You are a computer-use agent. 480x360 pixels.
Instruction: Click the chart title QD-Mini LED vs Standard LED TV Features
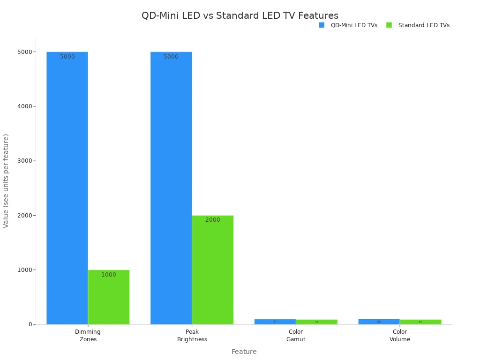tap(240, 15)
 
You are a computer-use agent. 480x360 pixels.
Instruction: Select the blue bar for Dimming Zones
tap(67, 187)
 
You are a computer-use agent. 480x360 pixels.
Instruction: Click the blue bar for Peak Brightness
tap(171, 187)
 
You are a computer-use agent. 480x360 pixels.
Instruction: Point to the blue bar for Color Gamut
tap(275, 322)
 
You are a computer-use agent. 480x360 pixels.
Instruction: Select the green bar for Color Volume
tap(420, 322)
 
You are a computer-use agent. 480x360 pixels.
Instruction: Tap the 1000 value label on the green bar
tap(109, 275)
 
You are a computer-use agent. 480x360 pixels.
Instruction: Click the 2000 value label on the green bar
tap(212, 220)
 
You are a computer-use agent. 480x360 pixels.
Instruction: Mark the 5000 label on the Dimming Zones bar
tap(67, 57)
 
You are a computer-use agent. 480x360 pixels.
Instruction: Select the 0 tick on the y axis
tap(30, 324)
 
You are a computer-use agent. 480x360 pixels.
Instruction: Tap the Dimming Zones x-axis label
tap(88, 336)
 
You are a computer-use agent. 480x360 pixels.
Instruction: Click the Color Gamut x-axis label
tap(296, 336)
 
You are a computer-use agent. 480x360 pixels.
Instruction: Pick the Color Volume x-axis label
tap(400, 336)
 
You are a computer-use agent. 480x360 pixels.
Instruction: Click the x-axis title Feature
tap(244, 352)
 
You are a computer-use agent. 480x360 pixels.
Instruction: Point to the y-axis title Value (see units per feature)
tap(6, 180)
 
